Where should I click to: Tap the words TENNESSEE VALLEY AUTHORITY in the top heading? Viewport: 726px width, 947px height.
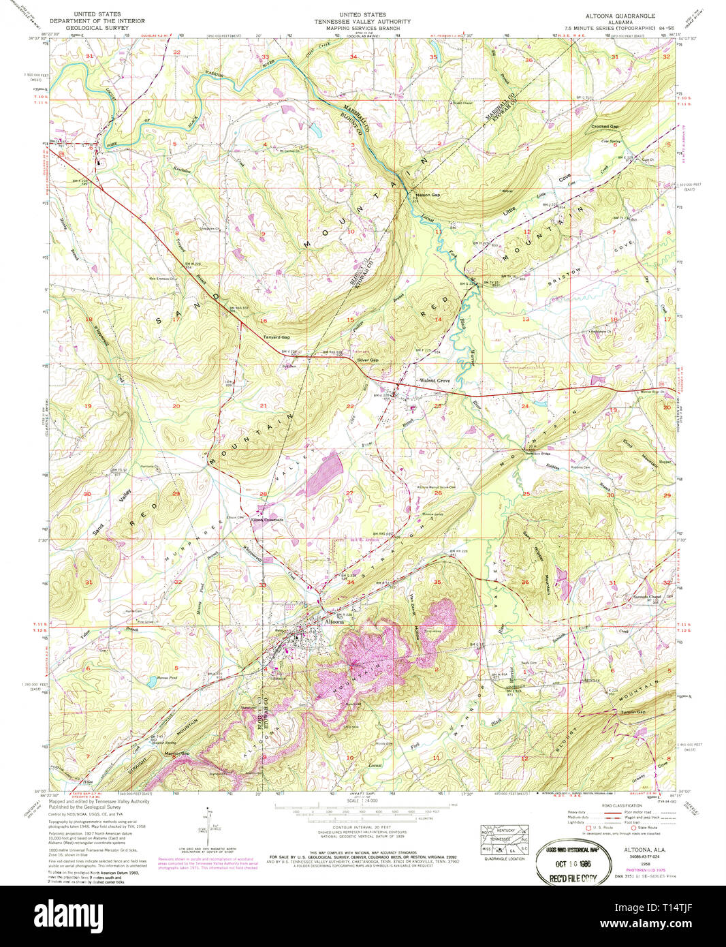363,21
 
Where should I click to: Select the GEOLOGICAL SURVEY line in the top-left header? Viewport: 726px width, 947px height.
97,28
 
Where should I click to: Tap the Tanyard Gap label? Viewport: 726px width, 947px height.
277,337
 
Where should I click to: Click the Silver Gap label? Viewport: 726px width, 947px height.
368,359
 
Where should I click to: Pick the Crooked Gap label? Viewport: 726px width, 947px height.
605,127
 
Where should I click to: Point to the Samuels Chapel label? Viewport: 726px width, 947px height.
646,596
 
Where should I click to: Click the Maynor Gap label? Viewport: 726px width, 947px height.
176,753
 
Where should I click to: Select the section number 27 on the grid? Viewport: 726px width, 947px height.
349,493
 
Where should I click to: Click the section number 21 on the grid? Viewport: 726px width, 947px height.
264,406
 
